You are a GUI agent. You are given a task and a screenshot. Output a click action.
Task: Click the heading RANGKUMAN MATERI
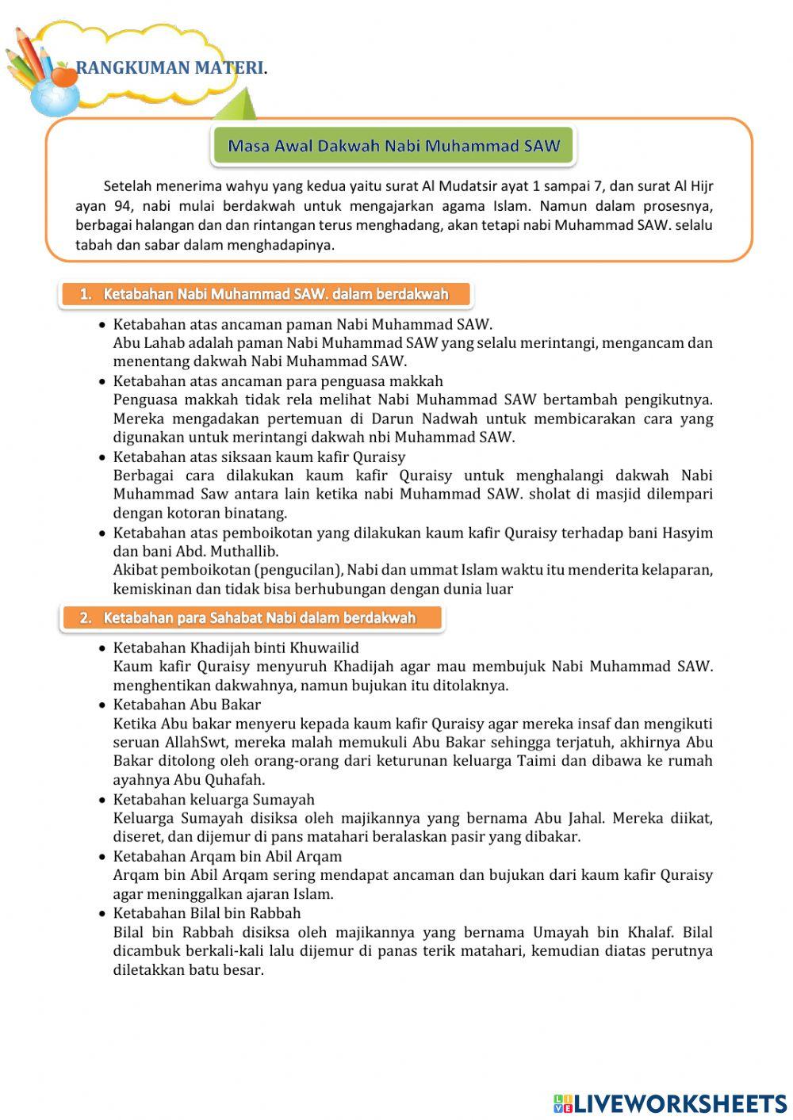point(171,68)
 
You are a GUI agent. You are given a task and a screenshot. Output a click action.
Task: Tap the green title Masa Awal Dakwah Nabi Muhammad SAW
point(393,146)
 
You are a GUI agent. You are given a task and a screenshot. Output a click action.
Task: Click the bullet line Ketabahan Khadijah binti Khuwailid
point(236,648)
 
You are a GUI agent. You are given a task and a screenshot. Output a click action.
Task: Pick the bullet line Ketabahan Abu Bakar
point(186,704)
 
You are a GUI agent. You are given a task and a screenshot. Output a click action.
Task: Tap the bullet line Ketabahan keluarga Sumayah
point(213,799)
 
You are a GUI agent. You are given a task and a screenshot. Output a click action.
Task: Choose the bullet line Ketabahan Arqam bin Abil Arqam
point(228,856)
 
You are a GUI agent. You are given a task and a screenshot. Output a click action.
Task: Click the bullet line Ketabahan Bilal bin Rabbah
point(207,912)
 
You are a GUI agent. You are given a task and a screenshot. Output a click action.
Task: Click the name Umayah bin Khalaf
point(602,932)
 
